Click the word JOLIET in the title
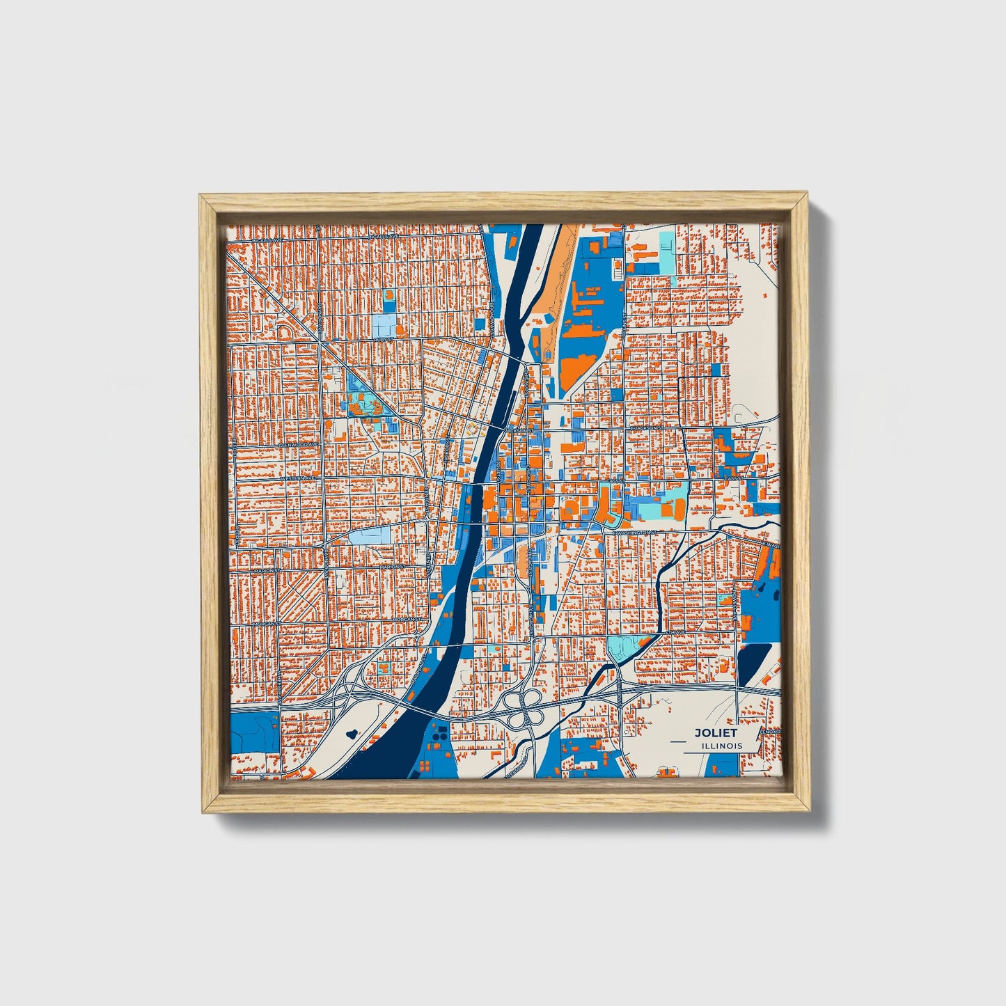click(715, 732)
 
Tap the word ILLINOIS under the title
click(722, 746)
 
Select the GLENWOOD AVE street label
click(298, 443)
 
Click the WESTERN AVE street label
click(298, 479)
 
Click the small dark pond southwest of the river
click(350, 732)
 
